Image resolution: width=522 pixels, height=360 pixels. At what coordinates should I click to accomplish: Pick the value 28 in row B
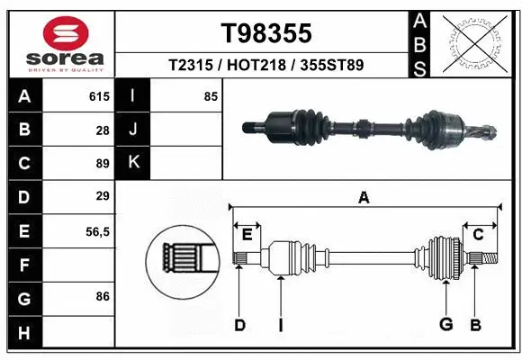pyautogui.click(x=102, y=130)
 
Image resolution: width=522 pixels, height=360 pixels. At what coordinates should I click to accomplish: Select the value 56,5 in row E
pyautogui.click(x=96, y=230)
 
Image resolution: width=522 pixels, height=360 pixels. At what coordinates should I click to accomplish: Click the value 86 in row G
pyautogui.click(x=102, y=296)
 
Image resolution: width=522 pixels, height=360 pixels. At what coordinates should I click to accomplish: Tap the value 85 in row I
pyautogui.click(x=211, y=96)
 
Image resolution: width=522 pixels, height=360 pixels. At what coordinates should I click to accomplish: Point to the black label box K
pyautogui.click(x=133, y=163)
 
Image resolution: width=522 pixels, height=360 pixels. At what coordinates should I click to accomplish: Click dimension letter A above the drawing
pyautogui.click(x=364, y=197)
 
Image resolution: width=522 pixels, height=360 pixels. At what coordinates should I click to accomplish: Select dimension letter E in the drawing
pyautogui.click(x=247, y=234)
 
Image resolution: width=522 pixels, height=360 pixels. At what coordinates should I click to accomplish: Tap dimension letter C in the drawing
pyautogui.click(x=478, y=234)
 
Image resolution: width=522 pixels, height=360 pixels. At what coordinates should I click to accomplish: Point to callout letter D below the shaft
pyautogui.click(x=239, y=325)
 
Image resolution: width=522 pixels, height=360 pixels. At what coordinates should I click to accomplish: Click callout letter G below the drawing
pyautogui.click(x=444, y=325)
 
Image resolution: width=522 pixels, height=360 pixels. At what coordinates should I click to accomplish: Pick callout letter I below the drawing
pyautogui.click(x=280, y=325)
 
